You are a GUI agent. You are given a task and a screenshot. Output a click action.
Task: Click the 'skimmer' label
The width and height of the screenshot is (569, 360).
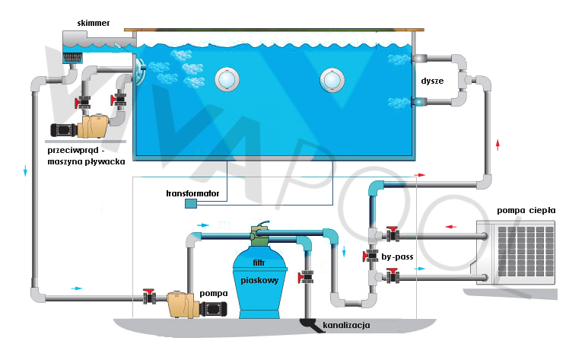pyautogui.click(x=94, y=24)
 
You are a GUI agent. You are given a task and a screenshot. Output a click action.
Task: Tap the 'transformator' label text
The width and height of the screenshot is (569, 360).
pyautogui.click(x=192, y=193)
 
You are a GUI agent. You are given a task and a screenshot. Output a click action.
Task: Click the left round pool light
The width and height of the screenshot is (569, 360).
pyautogui.click(x=227, y=78)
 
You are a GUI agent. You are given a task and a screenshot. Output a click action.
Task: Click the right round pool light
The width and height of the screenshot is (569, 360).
pyautogui.click(x=332, y=78)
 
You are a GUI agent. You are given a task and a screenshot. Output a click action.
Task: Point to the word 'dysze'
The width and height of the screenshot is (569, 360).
pyautogui.click(x=431, y=80)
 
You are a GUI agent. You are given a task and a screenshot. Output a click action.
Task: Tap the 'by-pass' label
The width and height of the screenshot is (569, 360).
pyautogui.click(x=398, y=257)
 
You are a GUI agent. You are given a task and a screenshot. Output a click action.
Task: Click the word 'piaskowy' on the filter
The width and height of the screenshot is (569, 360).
pyautogui.click(x=259, y=280)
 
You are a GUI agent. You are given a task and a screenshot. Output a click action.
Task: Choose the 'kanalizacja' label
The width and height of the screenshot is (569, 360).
pyautogui.click(x=346, y=326)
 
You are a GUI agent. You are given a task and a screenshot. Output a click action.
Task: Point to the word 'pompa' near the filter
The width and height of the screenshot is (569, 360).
pyautogui.click(x=214, y=292)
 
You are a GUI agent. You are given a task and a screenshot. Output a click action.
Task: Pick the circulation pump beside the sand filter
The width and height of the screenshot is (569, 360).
pyautogui.click(x=194, y=304)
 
